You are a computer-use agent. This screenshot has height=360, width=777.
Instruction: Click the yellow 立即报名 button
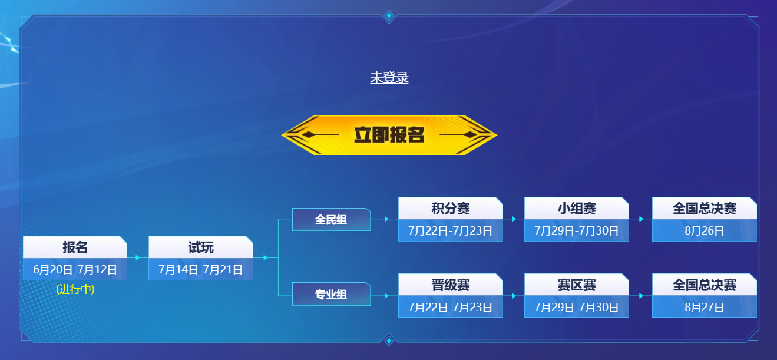(x=389, y=135)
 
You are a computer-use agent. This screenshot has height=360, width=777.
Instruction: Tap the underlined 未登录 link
(x=389, y=78)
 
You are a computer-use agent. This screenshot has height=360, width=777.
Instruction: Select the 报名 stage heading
(x=75, y=247)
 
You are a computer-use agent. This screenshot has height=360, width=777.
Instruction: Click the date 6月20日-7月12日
(x=75, y=269)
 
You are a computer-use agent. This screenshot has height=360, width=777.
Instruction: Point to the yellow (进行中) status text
(x=75, y=289)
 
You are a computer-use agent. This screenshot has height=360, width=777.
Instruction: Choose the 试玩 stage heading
(x=201, y=247)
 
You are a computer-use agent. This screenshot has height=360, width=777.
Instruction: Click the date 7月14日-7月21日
(x=200, y=269)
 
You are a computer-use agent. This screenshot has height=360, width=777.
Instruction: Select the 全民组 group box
(x=331, y=219)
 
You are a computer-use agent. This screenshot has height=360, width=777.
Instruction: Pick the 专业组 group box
(x=331, y=294)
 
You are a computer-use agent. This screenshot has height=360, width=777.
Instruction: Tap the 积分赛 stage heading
(x=451, y=209)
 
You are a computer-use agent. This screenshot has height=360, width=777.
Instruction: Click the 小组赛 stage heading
(x=577, y=209)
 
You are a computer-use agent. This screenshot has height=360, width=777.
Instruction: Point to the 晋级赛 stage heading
(x=451, y=285)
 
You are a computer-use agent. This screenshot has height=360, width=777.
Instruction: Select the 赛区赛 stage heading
(x=577, y=285)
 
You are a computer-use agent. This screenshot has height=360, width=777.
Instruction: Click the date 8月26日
(x=704, y=230)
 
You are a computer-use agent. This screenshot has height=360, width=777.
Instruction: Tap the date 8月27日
(x=704, y=308)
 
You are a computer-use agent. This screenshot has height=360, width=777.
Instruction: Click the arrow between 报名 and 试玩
(x=138, y=257)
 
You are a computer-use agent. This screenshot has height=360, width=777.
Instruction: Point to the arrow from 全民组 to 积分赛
(x=384, y=219)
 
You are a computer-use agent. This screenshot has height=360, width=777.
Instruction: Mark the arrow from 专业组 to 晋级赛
(x=384, y=296)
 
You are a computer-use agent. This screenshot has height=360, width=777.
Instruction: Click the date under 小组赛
(x=577, y=230)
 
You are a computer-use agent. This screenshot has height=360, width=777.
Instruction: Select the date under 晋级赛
(x=450, y=308)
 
